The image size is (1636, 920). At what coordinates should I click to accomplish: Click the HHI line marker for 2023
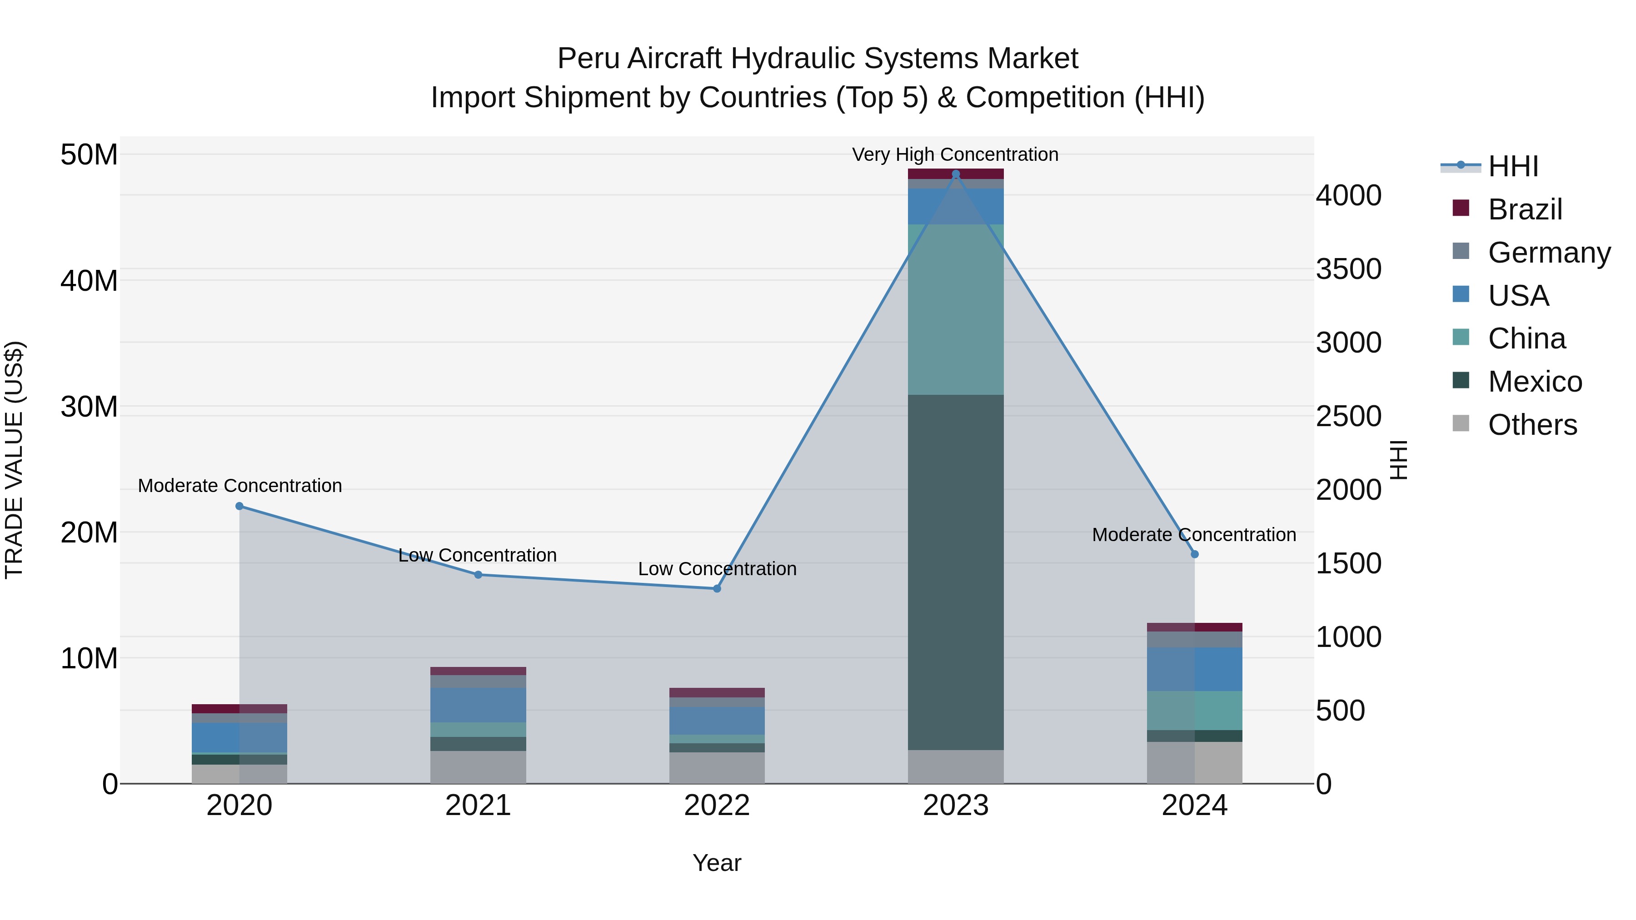[x=956, y=174]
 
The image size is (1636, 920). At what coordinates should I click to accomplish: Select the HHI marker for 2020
[x=239, y=506]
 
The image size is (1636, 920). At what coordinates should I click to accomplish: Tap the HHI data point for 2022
[x=717, y=588]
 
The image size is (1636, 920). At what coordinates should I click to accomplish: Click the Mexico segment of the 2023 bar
[x=956, y=572]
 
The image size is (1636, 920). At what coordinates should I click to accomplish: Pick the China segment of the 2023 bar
[x=956, y=309]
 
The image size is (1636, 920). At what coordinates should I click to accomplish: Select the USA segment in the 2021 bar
[x=478, y=705]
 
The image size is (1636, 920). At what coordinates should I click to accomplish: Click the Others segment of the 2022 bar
[x=717, y=768]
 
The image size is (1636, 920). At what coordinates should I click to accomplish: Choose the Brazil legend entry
[x=1524, y=209]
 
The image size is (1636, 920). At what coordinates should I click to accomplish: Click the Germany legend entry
[x=1548, y=253]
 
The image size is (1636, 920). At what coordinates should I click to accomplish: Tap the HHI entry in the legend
[x=1513, y=166]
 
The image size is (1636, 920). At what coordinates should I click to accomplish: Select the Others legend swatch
[x=1461, y=423]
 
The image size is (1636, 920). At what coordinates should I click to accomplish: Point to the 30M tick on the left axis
[x=89, y=406]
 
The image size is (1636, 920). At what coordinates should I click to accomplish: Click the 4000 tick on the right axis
[x=1348, y=195]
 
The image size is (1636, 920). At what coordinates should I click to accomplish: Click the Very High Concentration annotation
[x=955, y=154]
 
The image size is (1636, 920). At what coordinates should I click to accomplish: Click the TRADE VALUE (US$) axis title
[x=14, y=460]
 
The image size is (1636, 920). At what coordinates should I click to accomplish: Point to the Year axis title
[x=717, y=863]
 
